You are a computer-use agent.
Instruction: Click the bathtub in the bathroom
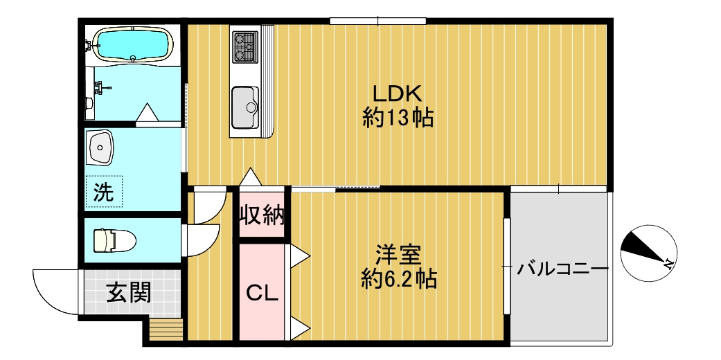pyautogui.click(x=131, y=44)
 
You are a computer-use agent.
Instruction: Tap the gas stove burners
pyautogui.click(x=243, y=46)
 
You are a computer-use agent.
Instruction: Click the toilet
pyautogui.click(x=114, y=240)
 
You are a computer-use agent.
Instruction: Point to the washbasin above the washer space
pyautogui.click(x=102, y=147)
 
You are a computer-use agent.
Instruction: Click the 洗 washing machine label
pyautogui.click(x=104, y=191)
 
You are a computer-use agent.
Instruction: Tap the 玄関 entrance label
pyautogui.click(x=129, y=294)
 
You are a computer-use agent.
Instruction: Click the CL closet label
pyautogui.click(x=262, y=294)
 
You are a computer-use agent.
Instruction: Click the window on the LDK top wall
pyautogui.click(x=378, y=21)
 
